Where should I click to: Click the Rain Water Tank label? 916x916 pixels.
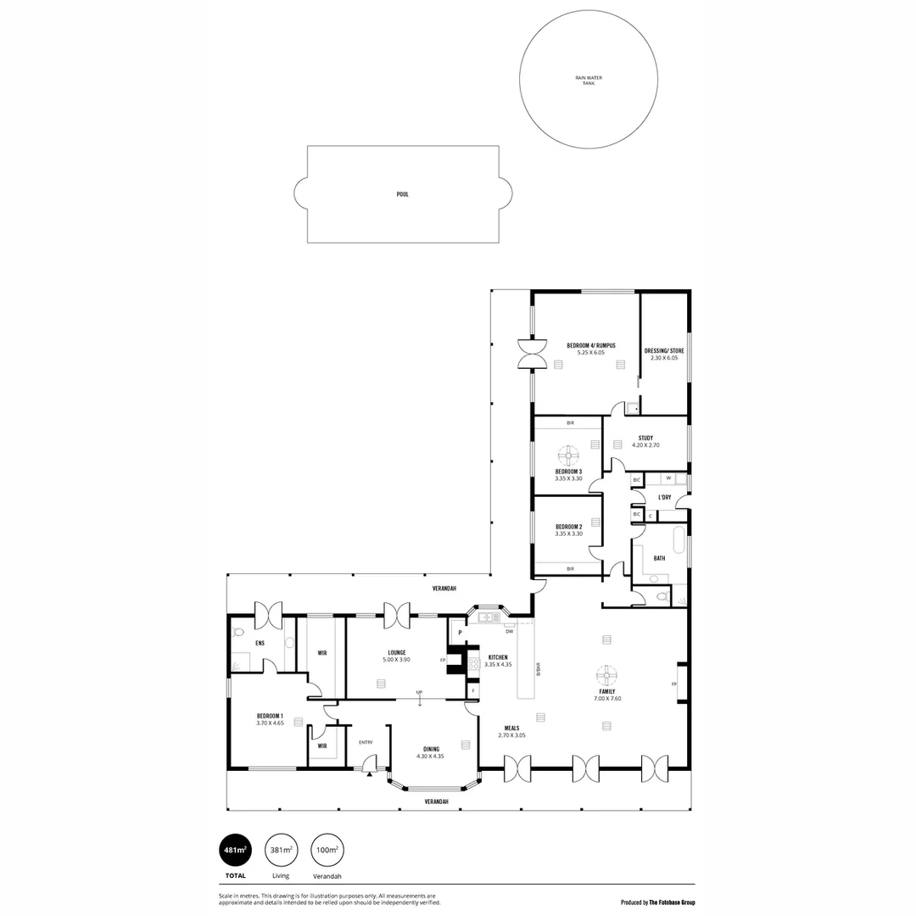pyautogui.click(x=588, y=81)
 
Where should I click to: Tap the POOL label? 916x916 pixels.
pyautogui.click(x=403, y=194)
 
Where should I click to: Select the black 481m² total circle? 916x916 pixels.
pyautogui.click(x=235, y=849)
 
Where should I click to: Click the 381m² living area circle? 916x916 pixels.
pyautogui.click(x=281, y=849)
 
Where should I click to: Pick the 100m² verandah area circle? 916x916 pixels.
pyautogui.click(x=327, y=849)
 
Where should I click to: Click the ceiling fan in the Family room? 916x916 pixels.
pyautogui.click(x=607, y=675)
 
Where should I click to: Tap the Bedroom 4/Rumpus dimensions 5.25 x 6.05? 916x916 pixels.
pyautogui.click(x=589, y=353)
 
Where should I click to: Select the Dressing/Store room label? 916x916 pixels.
pyautogui.click(x=664, y=350)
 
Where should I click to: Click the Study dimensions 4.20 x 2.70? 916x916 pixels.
pyautogui.click(x=645, y=445)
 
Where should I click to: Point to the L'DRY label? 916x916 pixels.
pyautogui.click(x=664, y=497)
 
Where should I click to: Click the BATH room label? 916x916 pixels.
pyautogui.click(x=659, y=558)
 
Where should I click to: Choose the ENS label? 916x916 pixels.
pyautogui.click(x=260, y=643)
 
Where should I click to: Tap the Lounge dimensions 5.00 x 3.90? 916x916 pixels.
pyautogui.click(x=396, y=659)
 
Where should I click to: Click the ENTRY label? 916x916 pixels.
pyautogui.click(x=366, y=742)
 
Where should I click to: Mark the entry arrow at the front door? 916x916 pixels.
pyautogui.click(x=369, y=773)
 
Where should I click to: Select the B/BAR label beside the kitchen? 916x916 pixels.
pyautogui.click(x=538, y=669)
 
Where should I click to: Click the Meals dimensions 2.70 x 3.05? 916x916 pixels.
pyautogui.click(x=511, y=735)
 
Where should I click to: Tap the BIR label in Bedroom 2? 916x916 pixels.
pyautogui.click(x=570, y=568)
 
